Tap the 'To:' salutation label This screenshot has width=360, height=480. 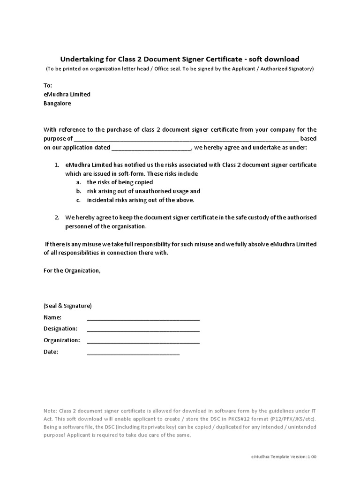click(x=48, y=85)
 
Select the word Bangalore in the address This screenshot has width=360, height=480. click(x=57, y=103)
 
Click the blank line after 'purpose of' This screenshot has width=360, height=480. click(x=186, y=139)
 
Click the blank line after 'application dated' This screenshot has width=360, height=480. click(x=151, y=148)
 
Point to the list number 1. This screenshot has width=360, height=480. click(x=56, y=165)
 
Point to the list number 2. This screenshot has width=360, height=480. click(x=56, y=217)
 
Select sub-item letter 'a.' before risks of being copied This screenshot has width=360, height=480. click(x=78, y=182)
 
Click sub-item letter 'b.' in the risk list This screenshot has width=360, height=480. click(x=78, y=191)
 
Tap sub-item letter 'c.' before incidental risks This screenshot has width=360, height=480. click(x=78, y=200)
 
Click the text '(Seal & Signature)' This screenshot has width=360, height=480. click(x=67, y=306)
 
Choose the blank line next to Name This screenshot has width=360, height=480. click(x=143, y=319)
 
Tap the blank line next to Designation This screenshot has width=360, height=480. click(x=143, y=330)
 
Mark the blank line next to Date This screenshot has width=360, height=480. click(x=133, y=353)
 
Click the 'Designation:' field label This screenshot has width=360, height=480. click(x=60, y=329)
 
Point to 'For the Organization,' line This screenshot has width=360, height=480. click(x=72, y=270)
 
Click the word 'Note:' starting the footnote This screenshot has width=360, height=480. click(x=51, y=411)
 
